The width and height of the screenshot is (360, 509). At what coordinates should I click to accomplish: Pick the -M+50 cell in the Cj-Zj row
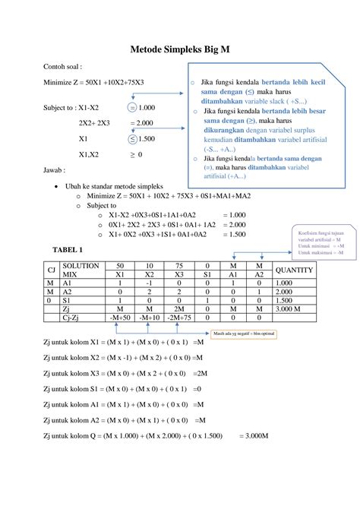pyautogui.click(x=120, y=318)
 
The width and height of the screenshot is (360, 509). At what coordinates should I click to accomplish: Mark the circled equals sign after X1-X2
pyautogui.click(x=133, y=107)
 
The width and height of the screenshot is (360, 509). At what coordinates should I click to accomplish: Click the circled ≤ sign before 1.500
pyautogui.click(x=133, y=139)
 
